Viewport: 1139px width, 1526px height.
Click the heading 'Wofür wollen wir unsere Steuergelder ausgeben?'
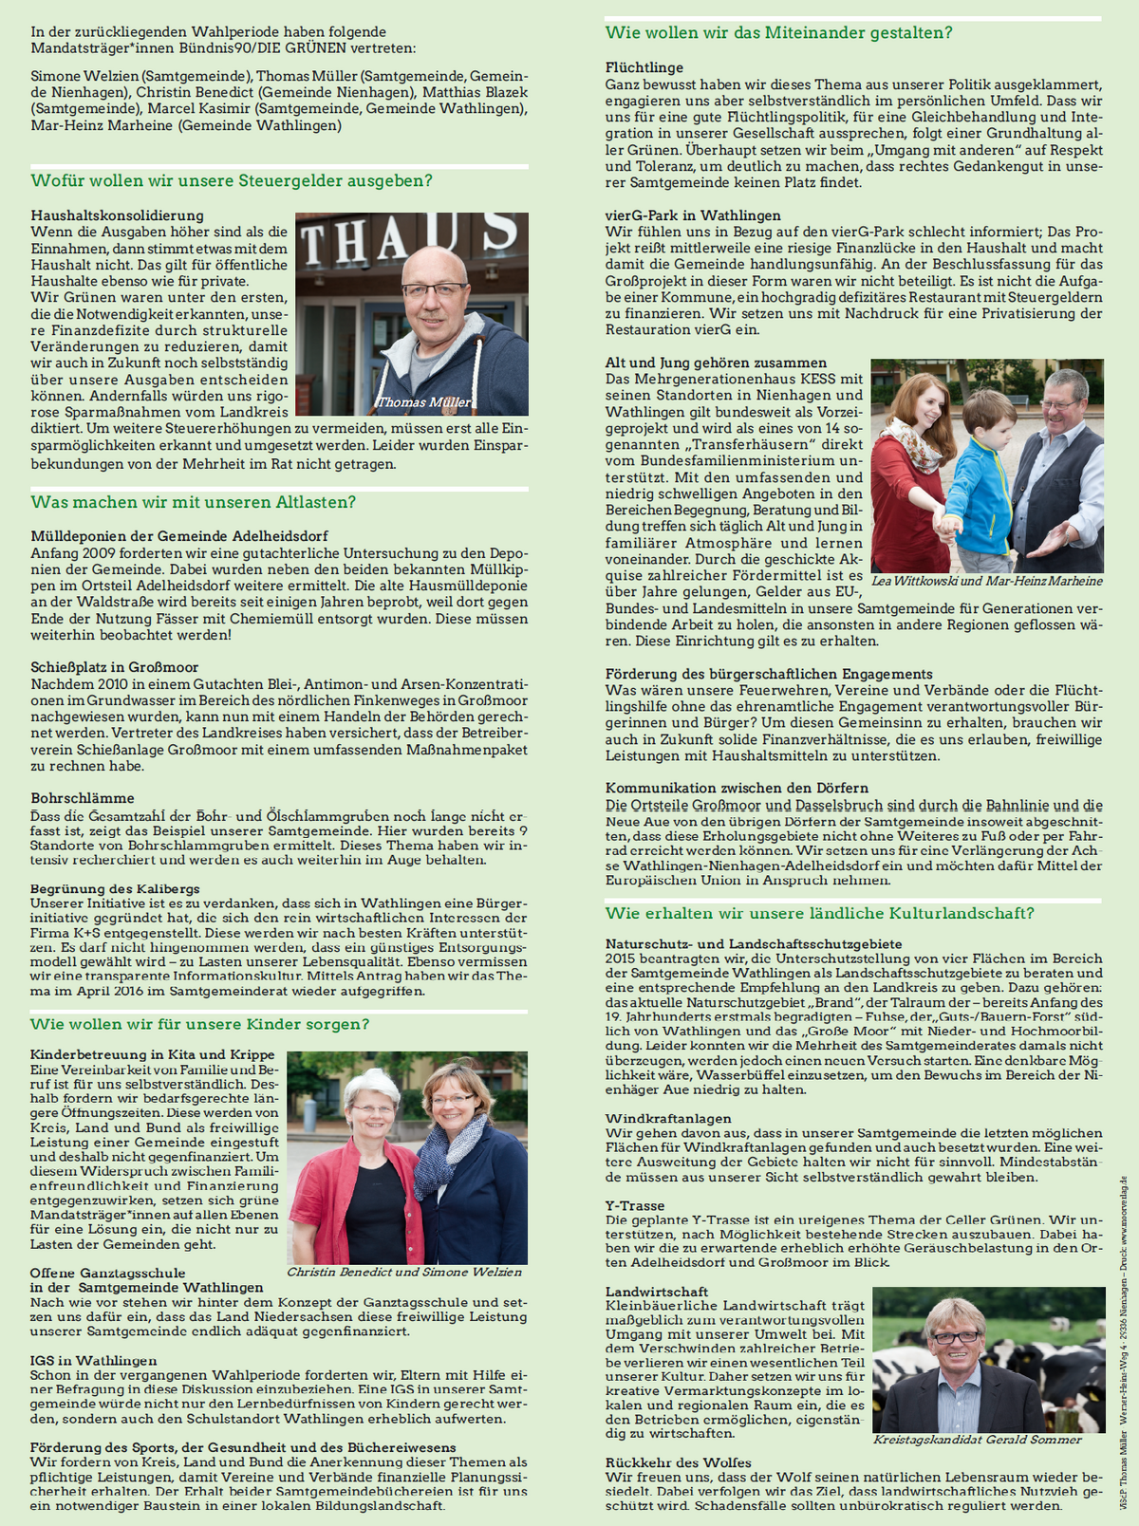232,180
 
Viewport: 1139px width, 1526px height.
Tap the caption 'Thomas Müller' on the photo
424,402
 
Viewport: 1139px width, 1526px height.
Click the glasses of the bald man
433,289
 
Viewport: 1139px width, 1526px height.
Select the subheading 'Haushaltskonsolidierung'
117,215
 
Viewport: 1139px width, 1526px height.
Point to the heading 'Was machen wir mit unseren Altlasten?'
194,502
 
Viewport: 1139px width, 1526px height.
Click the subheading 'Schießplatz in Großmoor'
114,667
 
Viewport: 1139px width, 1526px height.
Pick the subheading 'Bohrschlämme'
83,798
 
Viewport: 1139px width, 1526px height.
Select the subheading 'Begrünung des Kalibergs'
115,889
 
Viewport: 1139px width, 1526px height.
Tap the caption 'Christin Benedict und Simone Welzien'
404,1272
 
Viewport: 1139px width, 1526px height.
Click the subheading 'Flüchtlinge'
644,67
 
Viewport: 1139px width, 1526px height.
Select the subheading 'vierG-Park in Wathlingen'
693,215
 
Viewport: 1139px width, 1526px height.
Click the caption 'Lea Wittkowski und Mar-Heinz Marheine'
987,581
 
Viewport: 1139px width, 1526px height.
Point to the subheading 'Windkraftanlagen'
668,1119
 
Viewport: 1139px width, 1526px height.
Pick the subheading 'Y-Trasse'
635,1205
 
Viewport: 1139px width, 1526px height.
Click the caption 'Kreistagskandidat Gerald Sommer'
978,1440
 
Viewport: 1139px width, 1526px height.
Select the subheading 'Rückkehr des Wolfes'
679,1462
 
